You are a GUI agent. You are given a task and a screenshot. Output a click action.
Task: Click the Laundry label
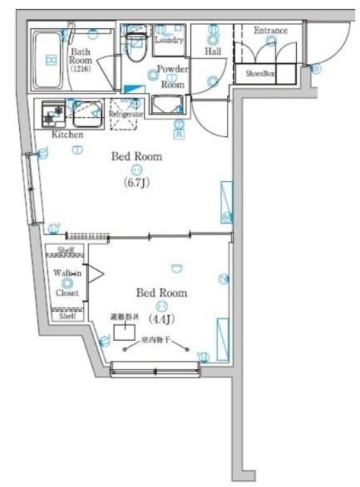169,40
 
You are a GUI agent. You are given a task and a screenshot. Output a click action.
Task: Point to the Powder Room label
172,78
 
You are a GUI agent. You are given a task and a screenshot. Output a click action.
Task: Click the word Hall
213,52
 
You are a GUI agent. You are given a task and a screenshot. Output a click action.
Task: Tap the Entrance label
270,30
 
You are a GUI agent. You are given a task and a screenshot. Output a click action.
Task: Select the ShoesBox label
260,74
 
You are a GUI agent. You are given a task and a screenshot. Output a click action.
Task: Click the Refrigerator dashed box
126,110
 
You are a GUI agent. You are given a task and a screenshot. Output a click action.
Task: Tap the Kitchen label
67,135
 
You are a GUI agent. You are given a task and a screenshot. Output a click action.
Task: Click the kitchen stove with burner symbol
52,114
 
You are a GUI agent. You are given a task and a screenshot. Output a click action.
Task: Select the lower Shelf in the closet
67,315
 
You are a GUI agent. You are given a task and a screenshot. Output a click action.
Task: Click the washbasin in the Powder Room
167,104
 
